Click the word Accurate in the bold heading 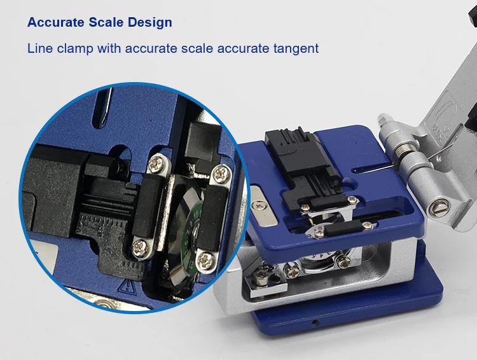pyautogui.click(x=55, y=23)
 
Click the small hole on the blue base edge pyautogui.click(x=314, y=322)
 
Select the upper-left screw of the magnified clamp pyautogui.click(x=155, y=165)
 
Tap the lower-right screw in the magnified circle pyautogui.click(x=205, y=258)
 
